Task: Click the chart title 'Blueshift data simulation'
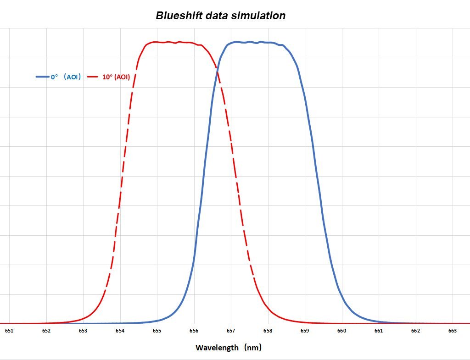[x=221, y=16]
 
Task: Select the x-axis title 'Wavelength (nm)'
[x=229, y=347]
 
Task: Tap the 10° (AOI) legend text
[x=116, y=77]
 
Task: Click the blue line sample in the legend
[x=42, y=77]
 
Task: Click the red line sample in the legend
[x=93, y=77]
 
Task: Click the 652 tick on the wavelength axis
[x=46, y=331]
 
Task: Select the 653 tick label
[x=83, y=331]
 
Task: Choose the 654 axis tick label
[x=120, y=331]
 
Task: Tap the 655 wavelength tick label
[x=157, y=331]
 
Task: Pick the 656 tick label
[x=194, y=331]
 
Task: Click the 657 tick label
[x=231, y=331]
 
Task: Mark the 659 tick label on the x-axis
[x=305, y=331]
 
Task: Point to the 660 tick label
[x=341, y=331]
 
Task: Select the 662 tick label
[x=415, y=331]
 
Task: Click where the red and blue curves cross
[x=217, y=69]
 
